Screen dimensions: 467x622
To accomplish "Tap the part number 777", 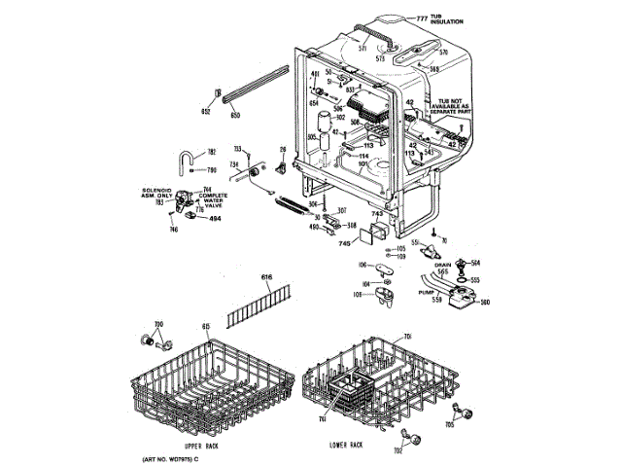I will click(423, 18).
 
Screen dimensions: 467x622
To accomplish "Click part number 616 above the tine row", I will click(267, 278).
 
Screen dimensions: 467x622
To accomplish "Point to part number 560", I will click(485, 302).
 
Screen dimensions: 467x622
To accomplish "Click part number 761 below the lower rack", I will click(322, 419).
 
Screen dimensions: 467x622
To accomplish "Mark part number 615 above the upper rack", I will click(205, 326).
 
